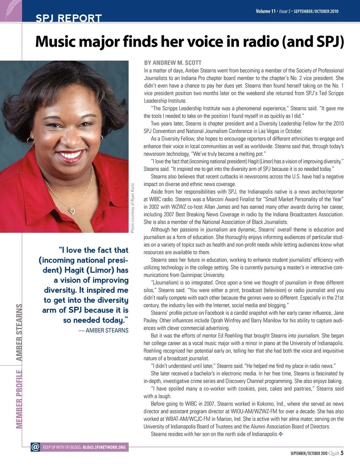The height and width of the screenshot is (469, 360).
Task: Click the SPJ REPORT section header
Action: tap(69, 18)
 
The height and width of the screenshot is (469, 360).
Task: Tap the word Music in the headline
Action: tap(56, 42)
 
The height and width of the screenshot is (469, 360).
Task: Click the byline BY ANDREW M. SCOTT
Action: tap(172, 63)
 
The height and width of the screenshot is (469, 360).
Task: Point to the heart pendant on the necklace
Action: tap(72, 211)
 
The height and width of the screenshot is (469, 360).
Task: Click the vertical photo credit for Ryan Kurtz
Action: tap(132, 208)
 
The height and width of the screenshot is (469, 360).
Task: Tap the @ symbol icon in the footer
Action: tap(35, 447)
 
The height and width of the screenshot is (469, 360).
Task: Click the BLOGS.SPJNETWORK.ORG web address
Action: tap(104, 447)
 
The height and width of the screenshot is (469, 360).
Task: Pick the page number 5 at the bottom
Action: tap(342, 453)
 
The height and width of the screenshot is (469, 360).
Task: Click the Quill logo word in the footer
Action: tap(334, 453)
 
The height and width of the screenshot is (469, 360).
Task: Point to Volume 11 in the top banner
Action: tap(265, 11)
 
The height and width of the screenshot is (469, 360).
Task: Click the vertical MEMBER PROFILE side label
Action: tap(19, 399)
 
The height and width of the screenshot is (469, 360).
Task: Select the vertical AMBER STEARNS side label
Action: tap(19, 332)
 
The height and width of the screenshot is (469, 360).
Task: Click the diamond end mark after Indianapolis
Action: tap(281, 434)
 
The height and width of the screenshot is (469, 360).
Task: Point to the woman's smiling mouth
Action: tap(70, 154)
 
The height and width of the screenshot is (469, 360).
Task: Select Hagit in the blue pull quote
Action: tap(74, 270)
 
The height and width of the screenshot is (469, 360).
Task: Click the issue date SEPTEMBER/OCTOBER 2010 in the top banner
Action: tap(316, 11)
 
